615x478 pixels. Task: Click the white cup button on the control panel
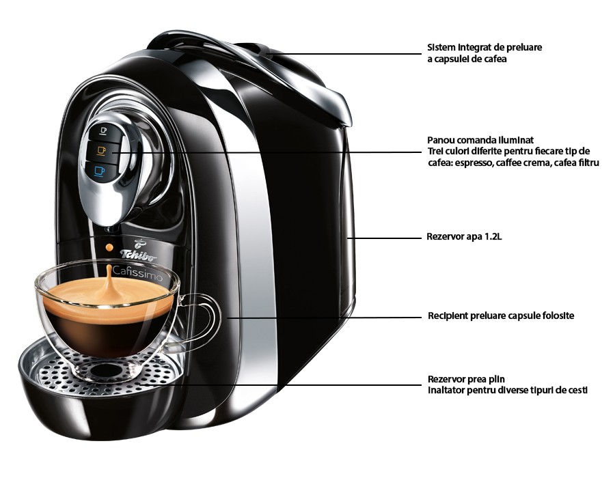pos(104,130)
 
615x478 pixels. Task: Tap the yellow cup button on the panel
pos(102,150)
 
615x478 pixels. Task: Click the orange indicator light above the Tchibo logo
pos(108,244)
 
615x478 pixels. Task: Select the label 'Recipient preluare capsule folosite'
pos(500,316)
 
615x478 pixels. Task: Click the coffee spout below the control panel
pos(108,222)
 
